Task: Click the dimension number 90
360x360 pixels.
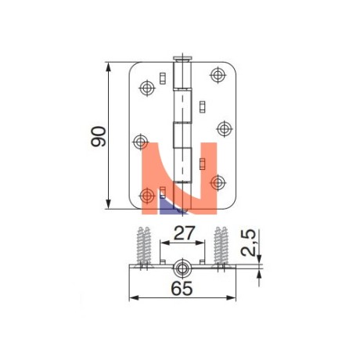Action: pos(99,136)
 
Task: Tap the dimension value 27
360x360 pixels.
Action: pos(184,233)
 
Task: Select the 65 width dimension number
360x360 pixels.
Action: pos(182,289)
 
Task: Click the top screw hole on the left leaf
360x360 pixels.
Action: pos(147,88)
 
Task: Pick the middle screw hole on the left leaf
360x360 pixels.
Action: pos(141,142)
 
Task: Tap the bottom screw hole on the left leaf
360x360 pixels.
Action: pos(147,196)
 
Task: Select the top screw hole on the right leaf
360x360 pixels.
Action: pos(218,75)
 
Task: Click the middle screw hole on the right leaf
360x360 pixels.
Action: pos(225,128)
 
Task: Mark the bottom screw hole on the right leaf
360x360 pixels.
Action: pos(218,182)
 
